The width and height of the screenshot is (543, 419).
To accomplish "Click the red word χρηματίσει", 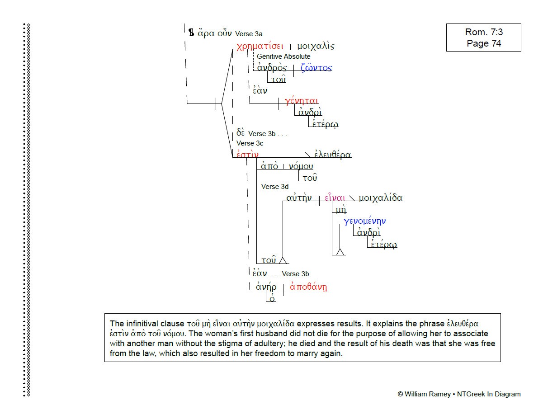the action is [260, 46].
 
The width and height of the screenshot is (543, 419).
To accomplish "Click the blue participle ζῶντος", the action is [316, 68].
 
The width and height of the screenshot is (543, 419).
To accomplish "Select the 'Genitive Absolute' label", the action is [283, 56].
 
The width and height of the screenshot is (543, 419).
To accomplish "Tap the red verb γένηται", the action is [302, 101].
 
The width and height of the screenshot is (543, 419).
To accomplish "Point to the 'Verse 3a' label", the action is [249, 34].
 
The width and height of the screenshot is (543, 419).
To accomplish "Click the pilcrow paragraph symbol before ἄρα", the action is [191, 33].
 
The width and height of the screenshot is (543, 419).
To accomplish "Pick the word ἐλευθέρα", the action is [333, 154].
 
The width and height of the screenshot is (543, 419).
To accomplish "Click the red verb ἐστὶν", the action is [247, 154].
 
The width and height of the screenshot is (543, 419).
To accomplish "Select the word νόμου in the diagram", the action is [301, 166].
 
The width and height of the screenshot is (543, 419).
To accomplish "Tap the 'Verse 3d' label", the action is [274, 187].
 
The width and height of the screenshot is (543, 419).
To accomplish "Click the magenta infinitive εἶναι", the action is [335, 198].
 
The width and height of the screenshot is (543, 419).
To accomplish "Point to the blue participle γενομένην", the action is [364, 221].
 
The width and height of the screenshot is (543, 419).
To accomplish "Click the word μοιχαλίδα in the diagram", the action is [381, 198].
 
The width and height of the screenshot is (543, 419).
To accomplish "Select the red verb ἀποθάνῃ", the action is [308, 287].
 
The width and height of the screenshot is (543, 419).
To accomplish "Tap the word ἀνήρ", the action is [266, 287].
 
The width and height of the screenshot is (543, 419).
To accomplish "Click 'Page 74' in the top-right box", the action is [484, 43].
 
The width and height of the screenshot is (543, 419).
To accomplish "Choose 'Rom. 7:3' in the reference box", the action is [484, 32].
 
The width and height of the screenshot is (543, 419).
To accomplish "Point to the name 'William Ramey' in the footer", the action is [427, 394].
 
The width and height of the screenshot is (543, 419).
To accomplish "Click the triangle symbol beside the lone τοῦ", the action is [283, 260].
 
